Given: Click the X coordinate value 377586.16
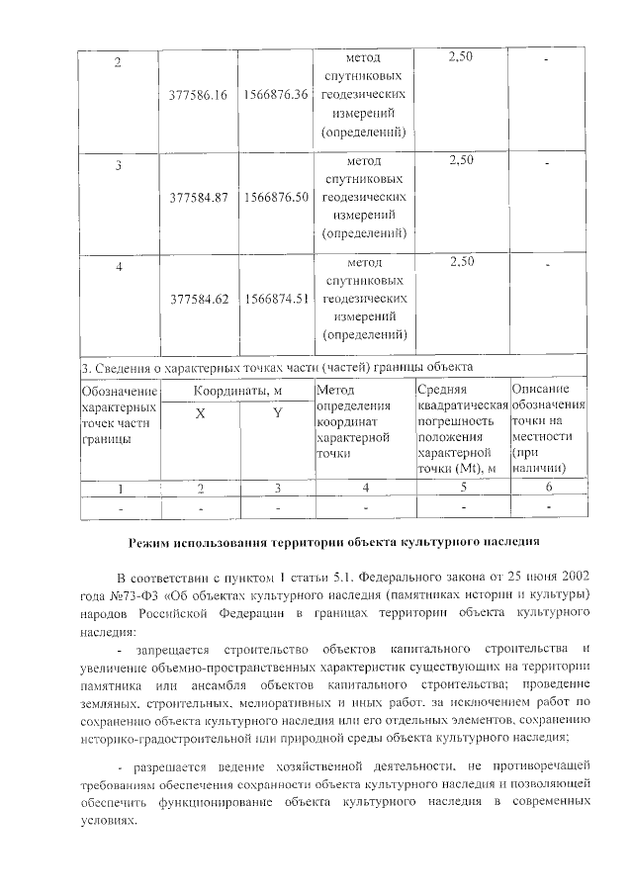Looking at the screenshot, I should pyautogui.click(x=199, y=96).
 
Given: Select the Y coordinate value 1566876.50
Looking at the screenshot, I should pyautogui.click(x=277, y=197).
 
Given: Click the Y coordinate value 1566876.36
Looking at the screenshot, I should pyautogui.click(x=277, y=96).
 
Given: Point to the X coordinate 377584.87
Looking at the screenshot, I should pyautogui.click(x=199, y=197).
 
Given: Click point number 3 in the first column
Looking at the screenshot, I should pyautogui.click(x=118, y=165).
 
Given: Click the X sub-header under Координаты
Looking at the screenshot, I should pyautogui.click(x=200, y=414).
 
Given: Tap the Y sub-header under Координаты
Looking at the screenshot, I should pyautogui.click(x=278, y=414).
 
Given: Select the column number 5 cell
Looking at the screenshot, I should pyautogui.click(x=462, y=487).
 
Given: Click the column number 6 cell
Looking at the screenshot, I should pyautogui.click(x=548, y=487).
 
